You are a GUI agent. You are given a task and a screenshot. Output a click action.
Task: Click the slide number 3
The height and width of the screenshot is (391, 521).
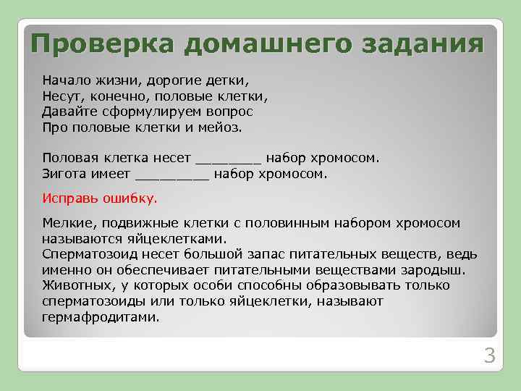[x=489, y=356]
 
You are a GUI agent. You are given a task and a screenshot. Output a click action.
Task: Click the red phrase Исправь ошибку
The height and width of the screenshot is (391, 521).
[x=99, y=197]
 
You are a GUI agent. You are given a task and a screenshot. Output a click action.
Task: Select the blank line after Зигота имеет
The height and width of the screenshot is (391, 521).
[x=172, y=174]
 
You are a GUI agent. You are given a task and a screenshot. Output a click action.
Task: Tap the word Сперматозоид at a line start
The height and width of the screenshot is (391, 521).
[x=88, y=254]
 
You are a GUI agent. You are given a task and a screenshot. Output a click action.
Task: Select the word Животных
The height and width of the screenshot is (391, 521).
[x=74, y=285]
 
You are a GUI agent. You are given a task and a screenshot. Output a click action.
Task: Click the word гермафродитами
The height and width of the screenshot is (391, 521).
[x=101, y=317]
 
